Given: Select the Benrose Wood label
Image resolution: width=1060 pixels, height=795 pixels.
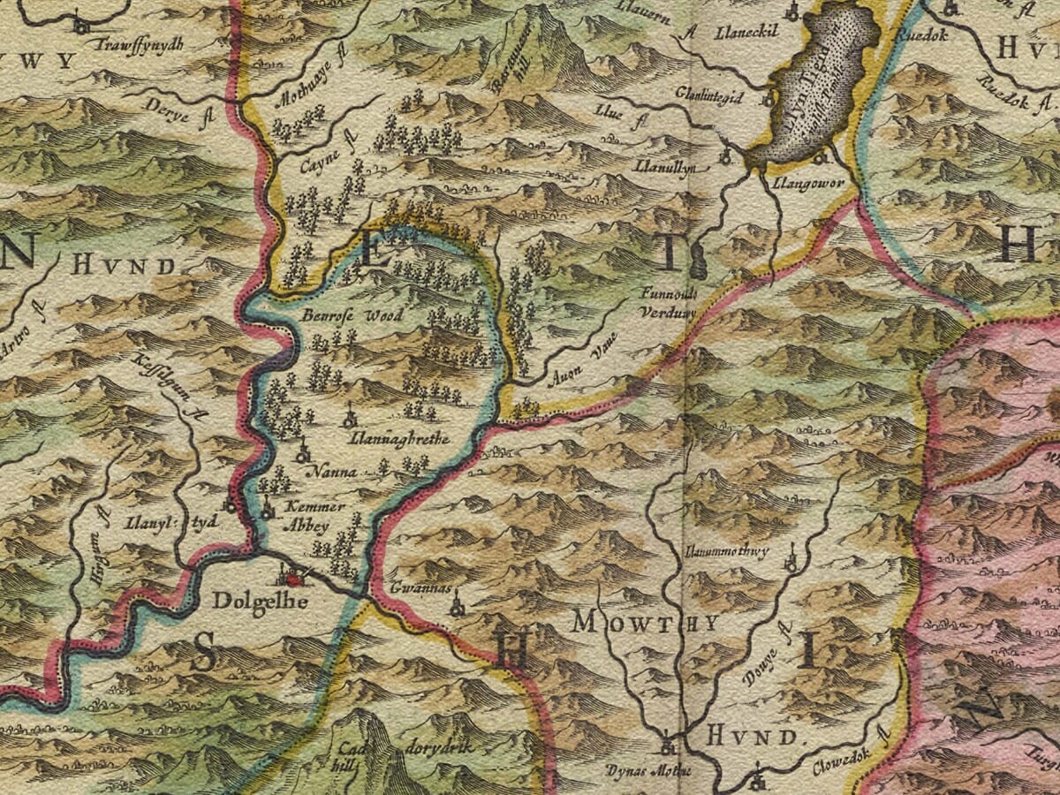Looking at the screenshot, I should coord(352,316).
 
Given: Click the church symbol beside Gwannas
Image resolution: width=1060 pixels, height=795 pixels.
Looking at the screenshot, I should coord(457,607).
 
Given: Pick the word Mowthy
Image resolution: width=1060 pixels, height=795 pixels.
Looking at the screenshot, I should coord(645,623).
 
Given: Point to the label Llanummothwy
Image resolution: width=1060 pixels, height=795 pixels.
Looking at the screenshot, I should coord(727,551).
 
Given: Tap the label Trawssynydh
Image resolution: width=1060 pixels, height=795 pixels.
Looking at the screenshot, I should coord(141,44).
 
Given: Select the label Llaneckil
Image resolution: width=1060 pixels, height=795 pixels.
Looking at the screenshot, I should coord(748,30).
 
